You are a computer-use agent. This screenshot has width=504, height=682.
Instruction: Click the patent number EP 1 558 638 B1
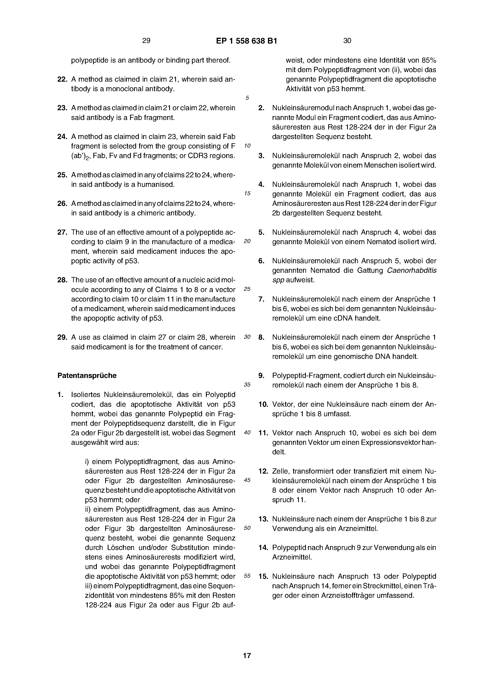pos(247,41)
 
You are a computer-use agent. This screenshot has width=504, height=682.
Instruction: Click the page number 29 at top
pos(146,41)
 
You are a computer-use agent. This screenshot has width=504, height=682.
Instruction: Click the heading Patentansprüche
pos(87,375)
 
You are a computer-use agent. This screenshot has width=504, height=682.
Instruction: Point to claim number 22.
pos(62,79)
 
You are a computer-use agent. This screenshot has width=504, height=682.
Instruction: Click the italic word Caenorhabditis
pos(412,270)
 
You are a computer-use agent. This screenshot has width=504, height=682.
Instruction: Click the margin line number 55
pos(247,575)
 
